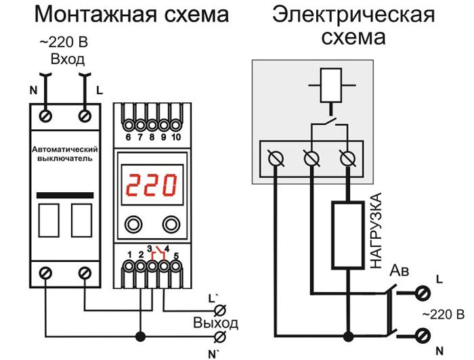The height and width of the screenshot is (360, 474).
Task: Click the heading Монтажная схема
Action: (131, 14)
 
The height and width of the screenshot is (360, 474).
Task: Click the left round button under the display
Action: (132, 224)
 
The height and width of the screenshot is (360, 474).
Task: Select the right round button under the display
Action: (172, 224)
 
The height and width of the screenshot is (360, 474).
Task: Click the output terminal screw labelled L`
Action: (219, 311)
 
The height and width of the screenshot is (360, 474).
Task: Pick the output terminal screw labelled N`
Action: (219, 336)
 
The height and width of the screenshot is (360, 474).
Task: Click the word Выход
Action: (215, 323)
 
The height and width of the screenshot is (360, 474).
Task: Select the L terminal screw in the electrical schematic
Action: (423, 293)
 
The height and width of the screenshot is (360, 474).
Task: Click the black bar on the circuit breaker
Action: (66, 195)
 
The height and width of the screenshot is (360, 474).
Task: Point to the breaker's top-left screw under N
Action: (47, 116)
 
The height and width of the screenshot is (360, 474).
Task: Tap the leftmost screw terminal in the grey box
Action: (276, 158)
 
